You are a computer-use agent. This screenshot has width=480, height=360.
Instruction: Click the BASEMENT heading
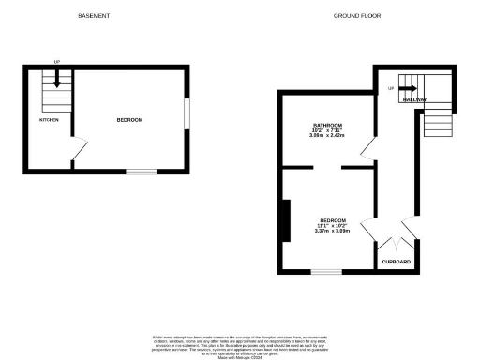(94, 17)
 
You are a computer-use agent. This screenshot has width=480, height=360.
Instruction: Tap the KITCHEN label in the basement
(49, 121)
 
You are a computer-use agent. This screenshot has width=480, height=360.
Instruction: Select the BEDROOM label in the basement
(129, 120)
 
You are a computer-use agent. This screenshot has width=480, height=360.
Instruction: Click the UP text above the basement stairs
(57, 62)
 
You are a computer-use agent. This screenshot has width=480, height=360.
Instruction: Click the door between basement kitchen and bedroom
(80, 149)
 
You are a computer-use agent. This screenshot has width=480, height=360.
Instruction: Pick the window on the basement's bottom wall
(141, 171)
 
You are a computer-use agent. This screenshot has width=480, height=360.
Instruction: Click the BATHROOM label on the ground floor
(327, 125)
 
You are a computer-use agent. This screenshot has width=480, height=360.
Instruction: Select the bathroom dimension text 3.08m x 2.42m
(327, 136)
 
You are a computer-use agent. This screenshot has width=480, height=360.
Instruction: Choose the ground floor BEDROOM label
(333, 220)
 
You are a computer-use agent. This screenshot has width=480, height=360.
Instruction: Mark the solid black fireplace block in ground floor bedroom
(283, 221)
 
